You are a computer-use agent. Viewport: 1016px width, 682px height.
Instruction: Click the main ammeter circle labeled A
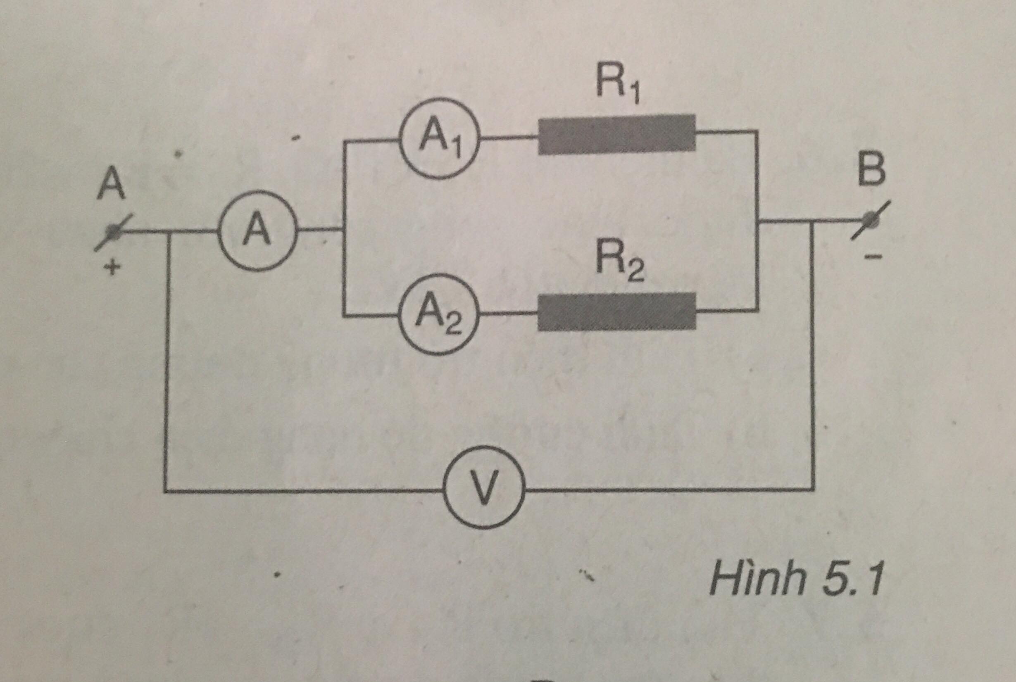pos(257,231)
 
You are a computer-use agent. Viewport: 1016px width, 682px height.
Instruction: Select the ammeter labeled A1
pos(440,138)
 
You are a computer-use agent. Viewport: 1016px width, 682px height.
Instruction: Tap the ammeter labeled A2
pos(439,314)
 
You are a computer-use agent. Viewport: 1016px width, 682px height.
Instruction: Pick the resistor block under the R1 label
pos(616,134)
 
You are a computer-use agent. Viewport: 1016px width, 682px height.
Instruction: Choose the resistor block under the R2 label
pos(616,311)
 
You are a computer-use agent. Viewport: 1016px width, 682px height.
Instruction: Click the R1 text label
pos(617,85)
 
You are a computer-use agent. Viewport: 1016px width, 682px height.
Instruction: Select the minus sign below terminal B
pos(873,257)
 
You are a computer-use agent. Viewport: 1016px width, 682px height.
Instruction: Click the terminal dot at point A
pos(114,232)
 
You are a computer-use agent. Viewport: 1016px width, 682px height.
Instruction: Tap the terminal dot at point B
pos(871,220)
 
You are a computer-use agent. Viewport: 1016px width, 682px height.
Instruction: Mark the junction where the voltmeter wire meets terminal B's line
pos(811,222)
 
